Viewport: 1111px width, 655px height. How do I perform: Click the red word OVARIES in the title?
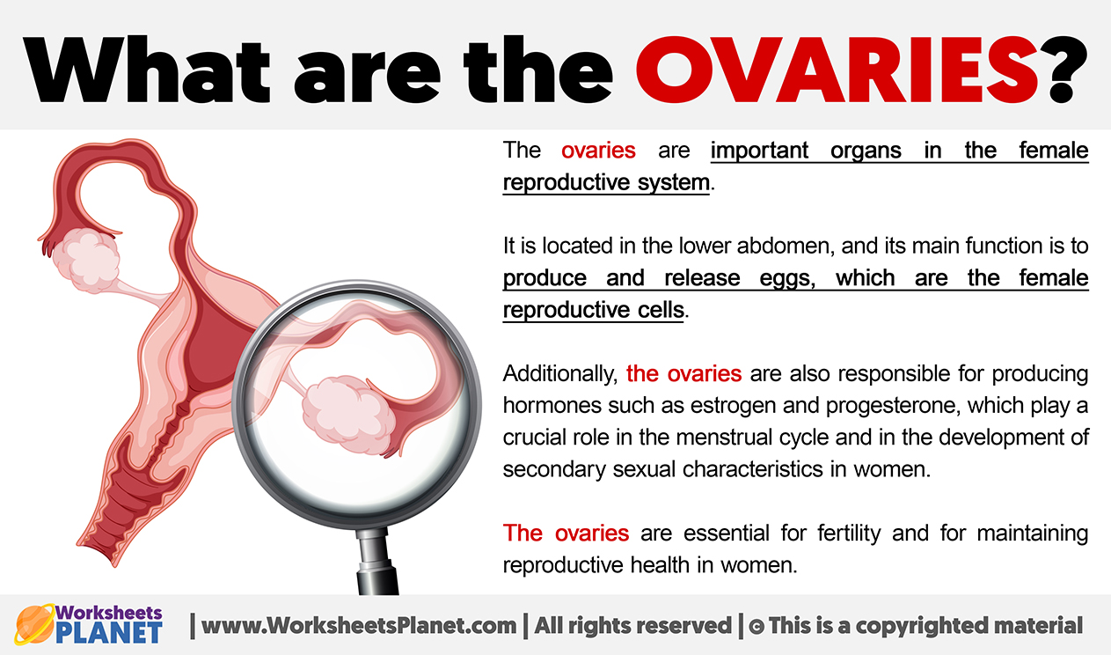[837, 69]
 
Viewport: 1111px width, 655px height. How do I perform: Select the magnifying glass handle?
[377, 561]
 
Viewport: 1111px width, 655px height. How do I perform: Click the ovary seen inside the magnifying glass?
[347, 415]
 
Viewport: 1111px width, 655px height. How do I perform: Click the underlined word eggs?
[788, 279]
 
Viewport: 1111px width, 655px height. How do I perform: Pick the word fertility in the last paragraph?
[849, 534]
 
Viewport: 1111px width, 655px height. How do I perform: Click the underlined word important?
[759, 151]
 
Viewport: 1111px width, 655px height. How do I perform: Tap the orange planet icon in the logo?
[34, 624]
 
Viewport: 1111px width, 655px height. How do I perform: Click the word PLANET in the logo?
[109, 633]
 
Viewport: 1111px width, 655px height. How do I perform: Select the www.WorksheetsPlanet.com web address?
[359, 626]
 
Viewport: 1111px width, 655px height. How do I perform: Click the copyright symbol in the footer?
[757, 627]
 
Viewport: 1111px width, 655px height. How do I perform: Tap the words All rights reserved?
[633, 626]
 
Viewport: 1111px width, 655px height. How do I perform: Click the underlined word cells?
[660, 311]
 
